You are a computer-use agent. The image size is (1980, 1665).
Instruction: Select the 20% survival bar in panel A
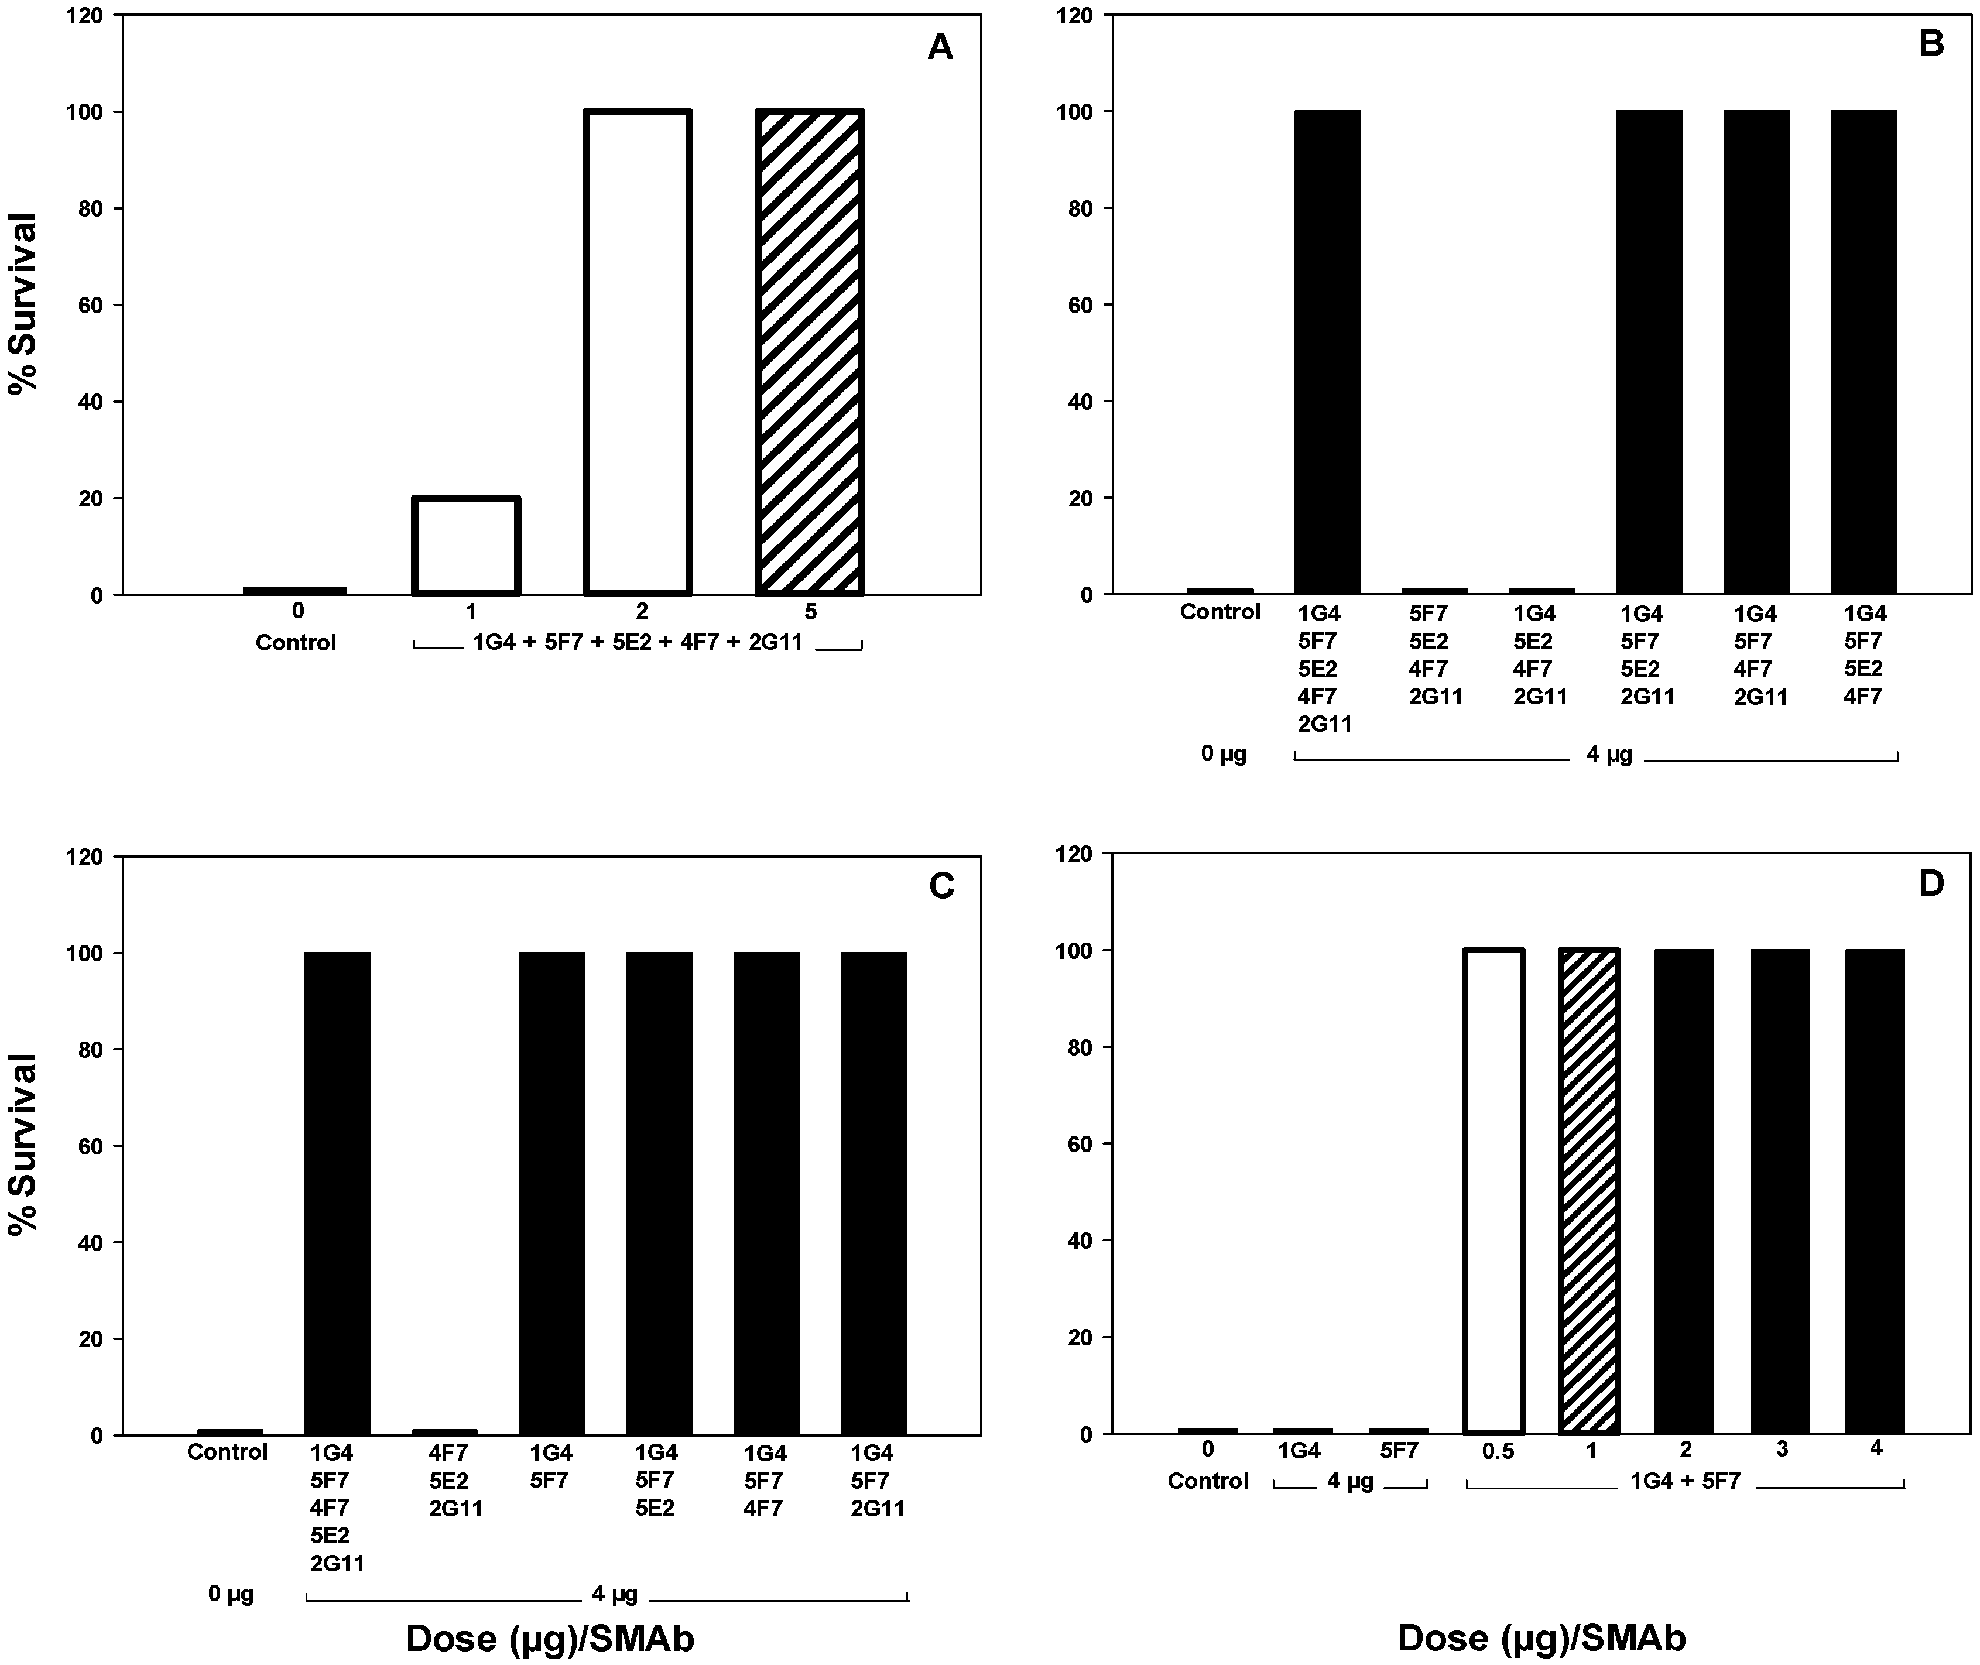[466, 546]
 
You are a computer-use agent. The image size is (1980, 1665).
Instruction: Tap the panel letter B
[1931, 44]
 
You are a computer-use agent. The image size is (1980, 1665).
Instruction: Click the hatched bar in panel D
[1590, 1191]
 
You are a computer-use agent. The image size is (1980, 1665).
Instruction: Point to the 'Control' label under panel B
[1219, 612]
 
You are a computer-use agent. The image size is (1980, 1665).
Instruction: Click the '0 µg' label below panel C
[231, 1594]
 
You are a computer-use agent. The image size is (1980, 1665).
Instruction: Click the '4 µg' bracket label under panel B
[1608, 755]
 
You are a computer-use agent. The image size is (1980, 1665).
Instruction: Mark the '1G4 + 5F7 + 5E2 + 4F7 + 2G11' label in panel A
[637, 643]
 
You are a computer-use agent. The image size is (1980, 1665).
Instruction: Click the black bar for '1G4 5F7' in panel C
[551, 1194]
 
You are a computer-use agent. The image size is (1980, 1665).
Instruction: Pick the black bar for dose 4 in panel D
[1874, 1191]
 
